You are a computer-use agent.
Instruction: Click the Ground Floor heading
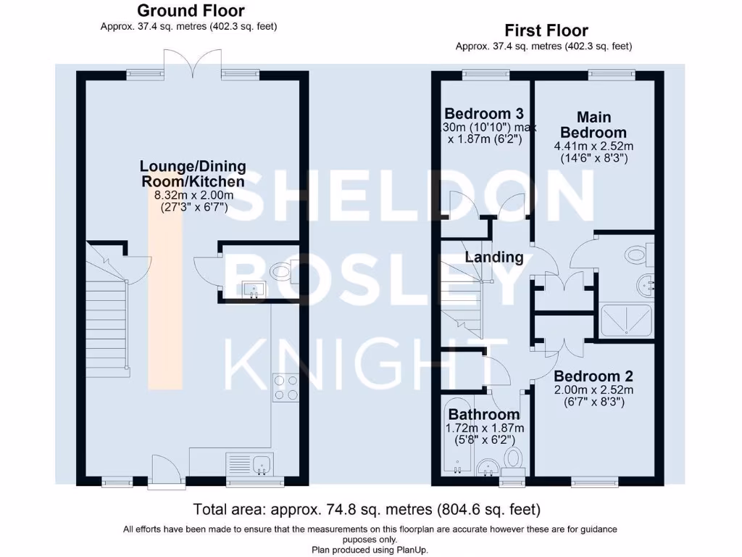point(191,10)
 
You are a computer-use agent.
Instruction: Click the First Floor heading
point(546,30)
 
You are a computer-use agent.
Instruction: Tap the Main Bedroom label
point(593,125)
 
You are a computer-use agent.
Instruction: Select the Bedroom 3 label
point(484,114)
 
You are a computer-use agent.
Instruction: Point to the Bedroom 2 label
point(593,376)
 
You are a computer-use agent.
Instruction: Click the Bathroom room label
point(484,414)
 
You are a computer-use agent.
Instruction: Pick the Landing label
point(494,257)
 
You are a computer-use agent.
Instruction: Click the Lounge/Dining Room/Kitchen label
point(193,174)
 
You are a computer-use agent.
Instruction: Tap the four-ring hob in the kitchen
point(285,387)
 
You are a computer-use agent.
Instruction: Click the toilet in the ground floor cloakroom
point(284,273)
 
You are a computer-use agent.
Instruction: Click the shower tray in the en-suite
point(626,321)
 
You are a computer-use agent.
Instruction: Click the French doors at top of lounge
point(193,63)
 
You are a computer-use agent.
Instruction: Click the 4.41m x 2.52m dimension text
point(593,147)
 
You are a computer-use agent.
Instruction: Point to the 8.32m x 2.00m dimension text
point(193,195)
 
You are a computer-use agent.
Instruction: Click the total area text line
point(367,510)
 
